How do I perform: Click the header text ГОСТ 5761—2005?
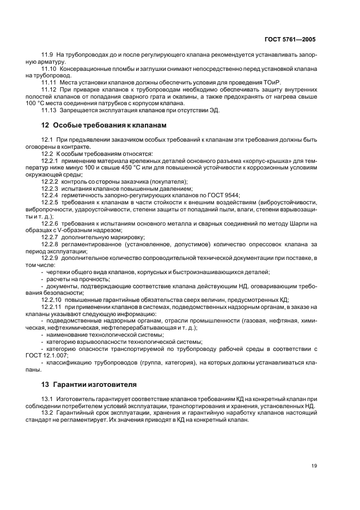(290, 40)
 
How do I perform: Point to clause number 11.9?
(48, 56)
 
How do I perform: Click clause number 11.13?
(50, 110)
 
